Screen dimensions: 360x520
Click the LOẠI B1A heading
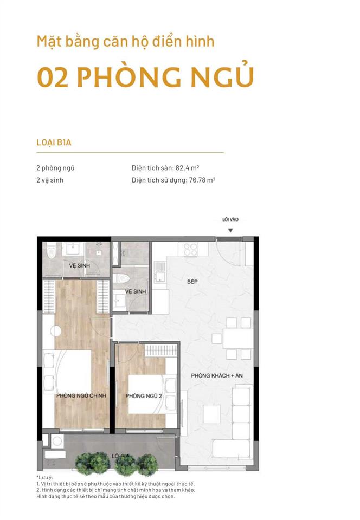pyautogui.click(x=54, y=142)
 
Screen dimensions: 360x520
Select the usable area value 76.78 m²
pyautogui.click(x=202, y=180)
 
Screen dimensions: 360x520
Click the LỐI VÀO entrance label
pyautogui.click(x=230, y=219)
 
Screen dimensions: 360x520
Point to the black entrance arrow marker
pyautogui.click(x=230, y=231)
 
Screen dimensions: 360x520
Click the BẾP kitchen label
pyautogui.click(x=192, y=282)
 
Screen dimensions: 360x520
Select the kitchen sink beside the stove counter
pyautogui.click(x=159, y=271)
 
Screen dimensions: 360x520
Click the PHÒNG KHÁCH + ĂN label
pyautogui.click(x=217, y=375)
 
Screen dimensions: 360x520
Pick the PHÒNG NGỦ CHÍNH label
pyautogui.click(x=81, y=395)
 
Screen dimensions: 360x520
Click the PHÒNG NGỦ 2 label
pyautogui.click(x=144, y=395)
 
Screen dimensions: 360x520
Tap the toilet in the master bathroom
pyautogui.click(x=51, y=252)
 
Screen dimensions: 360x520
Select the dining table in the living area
pyautogui.click(x=238, y=338)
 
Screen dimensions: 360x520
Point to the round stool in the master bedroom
pyautogui.click(x=56, y=330)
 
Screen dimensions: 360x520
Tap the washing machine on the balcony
pyautogui.click(x=57, y=441)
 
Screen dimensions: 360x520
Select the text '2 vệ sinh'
pyautogui.click(x=50, y=180)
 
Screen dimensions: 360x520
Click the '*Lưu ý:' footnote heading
pyautogui.click(x=45, y=478)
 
